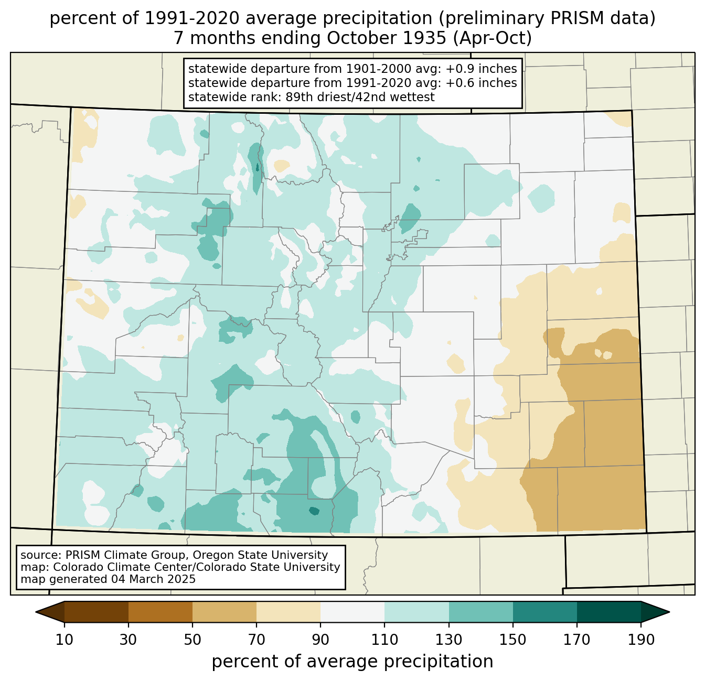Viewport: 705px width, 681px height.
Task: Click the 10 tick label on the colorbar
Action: (x=64, y=640)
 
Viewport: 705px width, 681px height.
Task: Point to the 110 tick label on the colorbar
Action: (x=384, y=640)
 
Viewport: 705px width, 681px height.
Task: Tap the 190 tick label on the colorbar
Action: (x=641, y=640)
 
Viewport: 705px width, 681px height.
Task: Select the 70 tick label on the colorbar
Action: (x=256, y=640)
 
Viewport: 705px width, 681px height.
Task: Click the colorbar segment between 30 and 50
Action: (x=160, y=612)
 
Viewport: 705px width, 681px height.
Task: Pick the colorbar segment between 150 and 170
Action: (x=544, y=612)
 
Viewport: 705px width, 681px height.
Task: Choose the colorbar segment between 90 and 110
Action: (x=352, y=612)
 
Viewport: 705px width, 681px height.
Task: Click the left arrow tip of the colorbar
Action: (x=36, y=612)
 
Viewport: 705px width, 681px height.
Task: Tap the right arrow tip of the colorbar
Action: (x=669, y=612)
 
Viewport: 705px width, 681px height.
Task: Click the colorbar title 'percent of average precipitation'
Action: (x=352, y=662)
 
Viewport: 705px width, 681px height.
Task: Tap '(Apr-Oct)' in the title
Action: (x=492, y=38)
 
